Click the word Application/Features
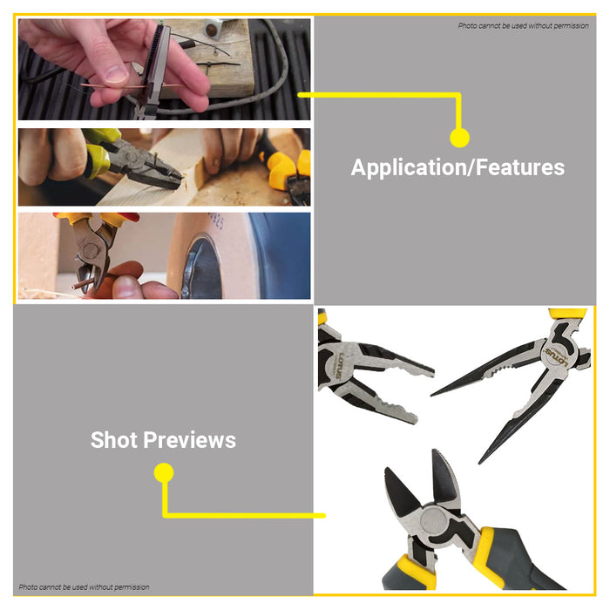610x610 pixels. point(457,167)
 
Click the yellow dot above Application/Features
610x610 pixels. point(459,138)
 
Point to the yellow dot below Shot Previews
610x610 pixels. point(163,473)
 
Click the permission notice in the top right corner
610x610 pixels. point(523,25)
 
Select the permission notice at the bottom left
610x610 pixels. point(84,587)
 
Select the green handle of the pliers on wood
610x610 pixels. point(98,157)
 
